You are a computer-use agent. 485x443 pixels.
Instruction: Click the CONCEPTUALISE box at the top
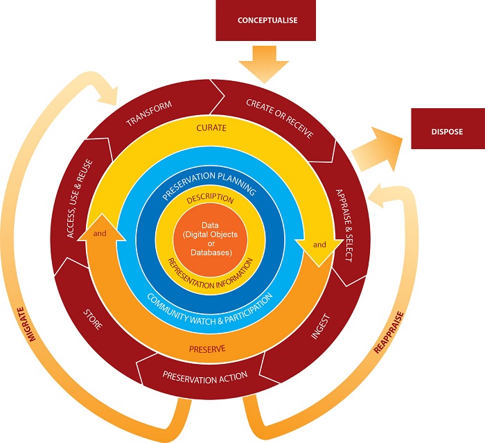pyautogui.click(x=267, y=20)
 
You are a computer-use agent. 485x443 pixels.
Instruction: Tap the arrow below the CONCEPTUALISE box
pyautogui.click(x=267, y=62)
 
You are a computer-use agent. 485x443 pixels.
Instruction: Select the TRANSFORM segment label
pyautogui.click(x=149, y=114)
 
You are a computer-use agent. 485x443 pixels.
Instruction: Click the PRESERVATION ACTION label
pyautogui.click(x=204, y=377)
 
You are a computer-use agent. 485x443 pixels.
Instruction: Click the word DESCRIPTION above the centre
pyautogui.click(x=209, y=200)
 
